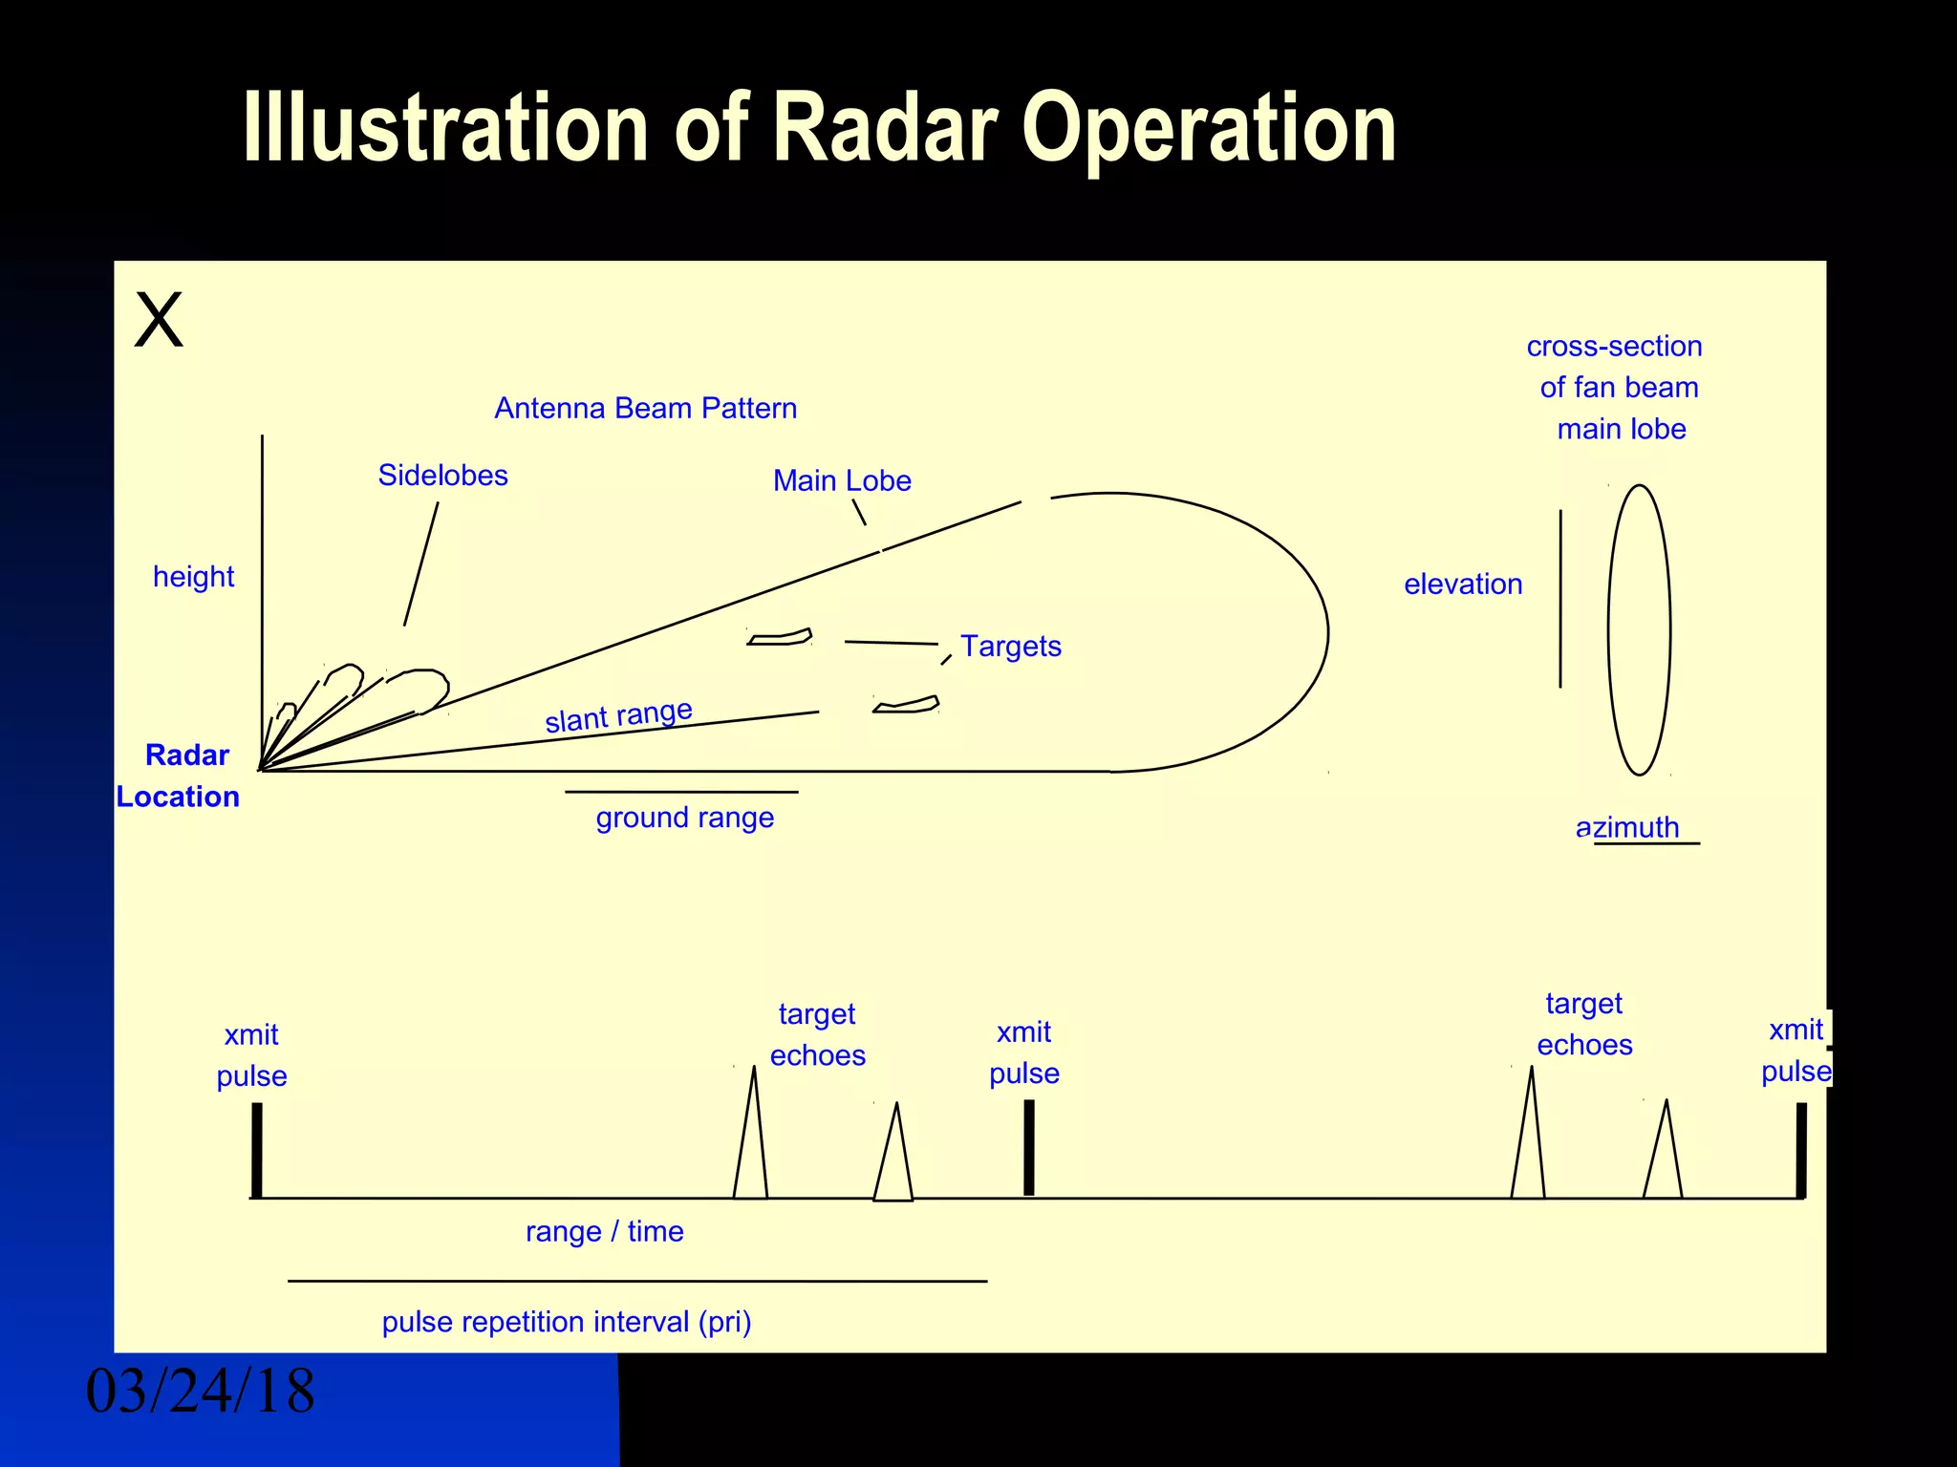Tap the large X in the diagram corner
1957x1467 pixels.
pyautogui.click(x=159, y=320)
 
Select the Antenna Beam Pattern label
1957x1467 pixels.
pyautogui.click(x=645, y=409)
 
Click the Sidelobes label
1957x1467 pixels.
pyautogui.click(x=442, y=476)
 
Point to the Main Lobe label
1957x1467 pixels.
pyautogui.click(x=842, y=481)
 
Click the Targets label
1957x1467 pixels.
pyautogui.click(x=1011, y=647)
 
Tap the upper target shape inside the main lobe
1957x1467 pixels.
pyautogui.click(x=780, y=637)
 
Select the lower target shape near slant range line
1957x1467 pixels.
pyautogui.click(x=906, y=706)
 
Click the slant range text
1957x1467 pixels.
pyautogui.click(x=618, y=716)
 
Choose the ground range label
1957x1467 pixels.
pyautogui.click(x=684, y=819)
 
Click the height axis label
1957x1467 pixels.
pyautogui.click(x=193, y=577)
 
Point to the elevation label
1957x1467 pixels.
pyautogui.click(x=1462, y=585)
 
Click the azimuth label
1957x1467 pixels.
pyautogui.click(x=1627, y=827)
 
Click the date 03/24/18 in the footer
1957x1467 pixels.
pyautogui.click(x=200, y=1392)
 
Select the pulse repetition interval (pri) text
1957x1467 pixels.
pyautogui.click(x=567, y=1322)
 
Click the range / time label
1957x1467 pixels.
pyautogui.click(x=604, y=1232)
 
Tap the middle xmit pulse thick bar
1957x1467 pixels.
pyautogui.click(x=1029, y=1147)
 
